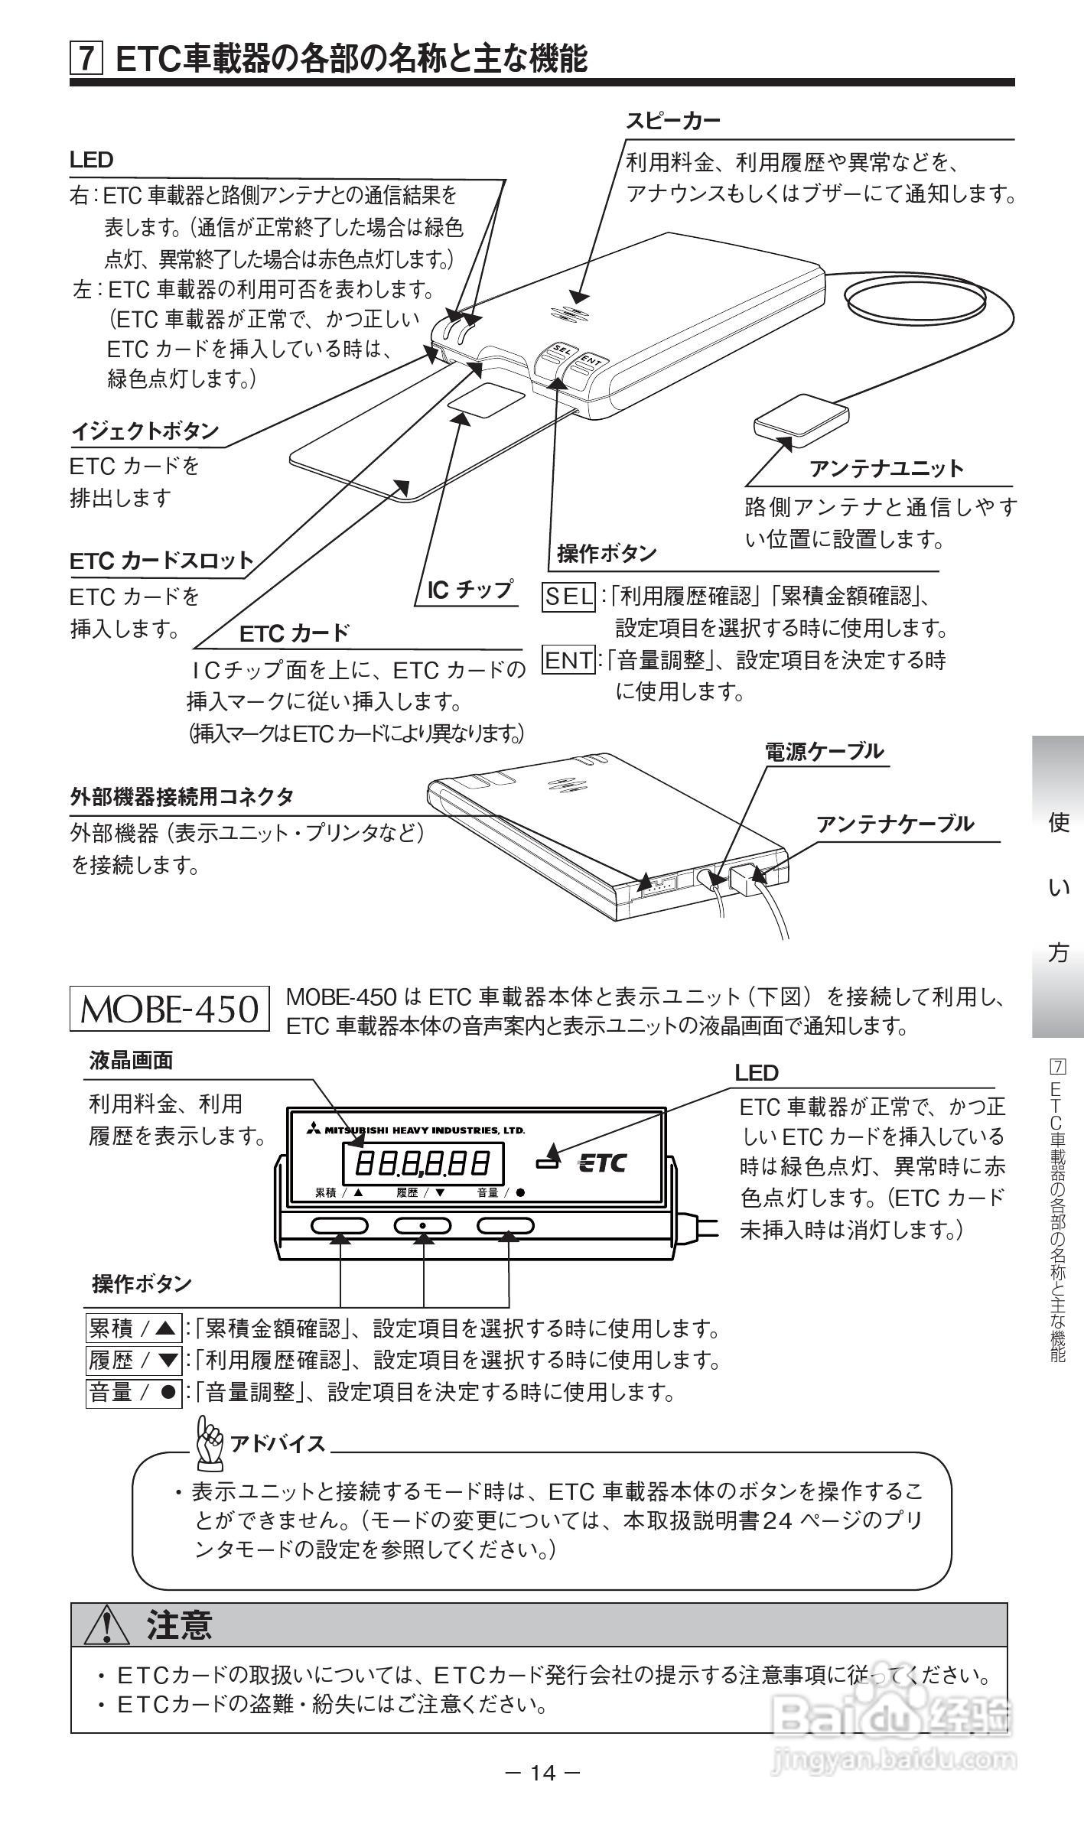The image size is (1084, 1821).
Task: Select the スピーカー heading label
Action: click(674, 121)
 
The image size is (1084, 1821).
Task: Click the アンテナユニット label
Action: click(887, 468)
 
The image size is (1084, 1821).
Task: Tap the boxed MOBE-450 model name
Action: click(170, 1009)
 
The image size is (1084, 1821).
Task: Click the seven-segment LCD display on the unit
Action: click(422, 1164)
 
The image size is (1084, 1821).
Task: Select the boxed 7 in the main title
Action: click(86, 59)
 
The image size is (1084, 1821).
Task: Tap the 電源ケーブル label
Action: click(824, 752)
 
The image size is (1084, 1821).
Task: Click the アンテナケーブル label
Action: click(895, 824)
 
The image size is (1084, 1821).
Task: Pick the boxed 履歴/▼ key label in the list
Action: click(133, 1360)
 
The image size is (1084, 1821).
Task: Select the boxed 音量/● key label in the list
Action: click(133, 1392)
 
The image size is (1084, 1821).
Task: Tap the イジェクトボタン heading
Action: click(145, 431)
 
